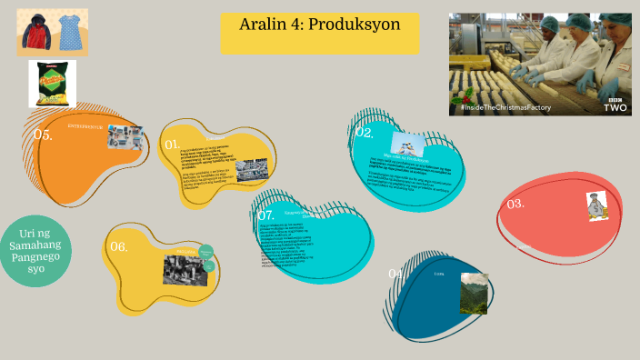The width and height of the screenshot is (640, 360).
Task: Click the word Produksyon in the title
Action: [355, 25]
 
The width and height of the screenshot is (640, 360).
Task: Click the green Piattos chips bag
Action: [50, 84]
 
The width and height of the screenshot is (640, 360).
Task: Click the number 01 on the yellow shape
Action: [171, 144]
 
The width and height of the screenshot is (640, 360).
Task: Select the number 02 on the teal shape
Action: [365, 133]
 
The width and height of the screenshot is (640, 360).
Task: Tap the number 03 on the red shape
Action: [515, 204]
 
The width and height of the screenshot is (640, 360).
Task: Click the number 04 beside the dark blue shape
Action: [395, 274]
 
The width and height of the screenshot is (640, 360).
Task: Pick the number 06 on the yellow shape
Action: [119, 245]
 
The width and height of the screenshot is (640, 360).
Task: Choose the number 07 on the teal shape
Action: [265, 215]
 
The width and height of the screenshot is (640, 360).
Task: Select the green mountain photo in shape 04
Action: [474, 294]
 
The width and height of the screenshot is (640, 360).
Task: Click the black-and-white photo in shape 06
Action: [185, 268]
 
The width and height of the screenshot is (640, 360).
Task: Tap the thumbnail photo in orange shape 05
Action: [126, 137]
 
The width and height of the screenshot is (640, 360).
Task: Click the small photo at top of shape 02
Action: [408, 144]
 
